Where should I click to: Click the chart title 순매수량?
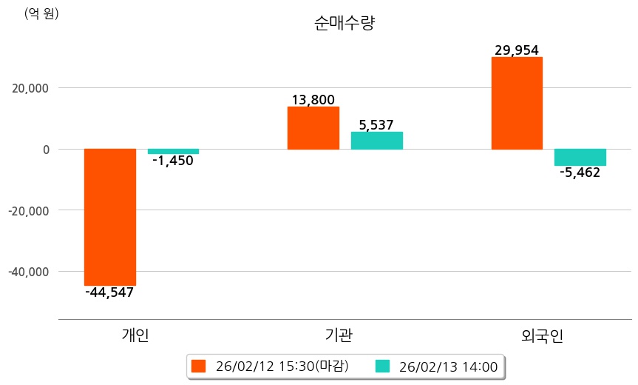[345, 23]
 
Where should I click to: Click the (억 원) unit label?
[41, 13]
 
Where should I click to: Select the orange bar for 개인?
[110, 217]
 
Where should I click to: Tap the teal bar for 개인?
[173, 151]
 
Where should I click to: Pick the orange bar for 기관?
[313, 128]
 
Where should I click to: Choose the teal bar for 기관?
[376, 141]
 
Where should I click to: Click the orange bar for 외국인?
[517, 103]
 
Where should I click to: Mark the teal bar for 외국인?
[580, 157]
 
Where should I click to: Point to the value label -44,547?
[109, 292]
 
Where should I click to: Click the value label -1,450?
[172, 161]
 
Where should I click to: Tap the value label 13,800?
[313, 100]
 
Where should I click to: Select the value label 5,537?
[376, 125]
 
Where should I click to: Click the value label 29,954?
[517, 50]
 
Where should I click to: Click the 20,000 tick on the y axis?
[27, 88]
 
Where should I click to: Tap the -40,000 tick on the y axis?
[27, 272]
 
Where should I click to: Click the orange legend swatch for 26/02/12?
[198, 366]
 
